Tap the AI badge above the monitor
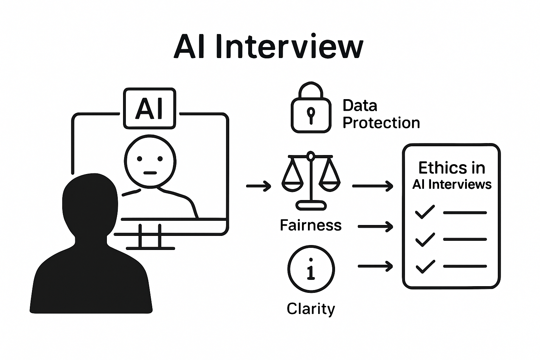coord(149,108)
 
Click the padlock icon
coord(311,109)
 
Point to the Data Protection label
coord(381,114)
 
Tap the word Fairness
coord(310,225)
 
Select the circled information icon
coord(311,269)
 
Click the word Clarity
coord(311,309)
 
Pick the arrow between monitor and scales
coord(258,186)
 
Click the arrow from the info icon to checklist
coord(375,266)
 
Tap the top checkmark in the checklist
coord(425,212)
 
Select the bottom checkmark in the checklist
coord(425,266)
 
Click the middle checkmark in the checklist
coord(425,239)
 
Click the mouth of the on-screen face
coord(150,173)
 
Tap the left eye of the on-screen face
coord(140,159)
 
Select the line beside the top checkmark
coord(465,213)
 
